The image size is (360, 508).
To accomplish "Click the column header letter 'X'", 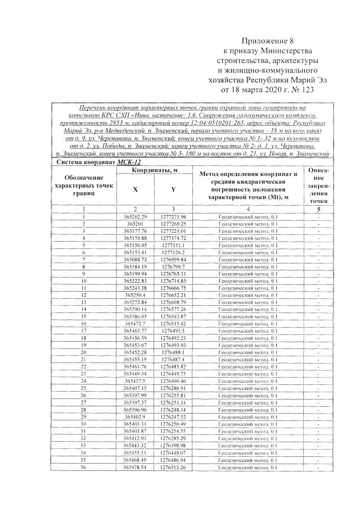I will (x=135, y=189).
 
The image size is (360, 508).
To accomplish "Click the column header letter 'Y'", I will (x=173, y=189).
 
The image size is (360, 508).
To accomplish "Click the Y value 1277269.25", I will (x=173, y=224).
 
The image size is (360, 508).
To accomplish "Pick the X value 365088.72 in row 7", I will (x=135, y=259).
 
